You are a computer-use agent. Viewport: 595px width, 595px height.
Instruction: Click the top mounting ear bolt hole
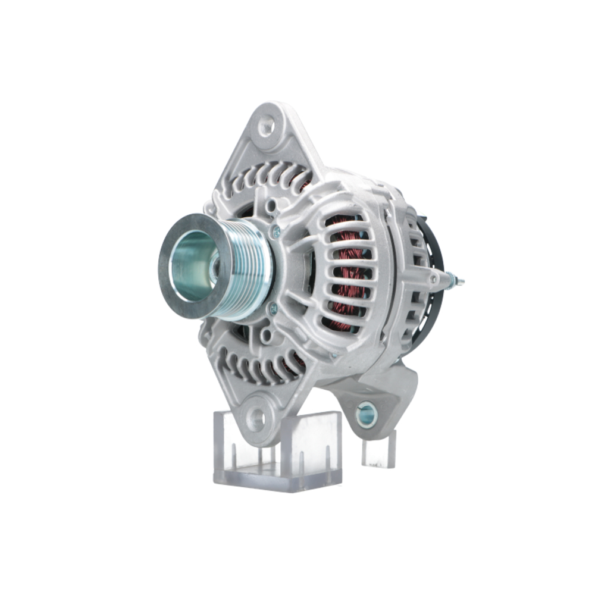pos(266,126)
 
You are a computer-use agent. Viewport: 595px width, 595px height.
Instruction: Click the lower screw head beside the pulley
pos(273,308)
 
